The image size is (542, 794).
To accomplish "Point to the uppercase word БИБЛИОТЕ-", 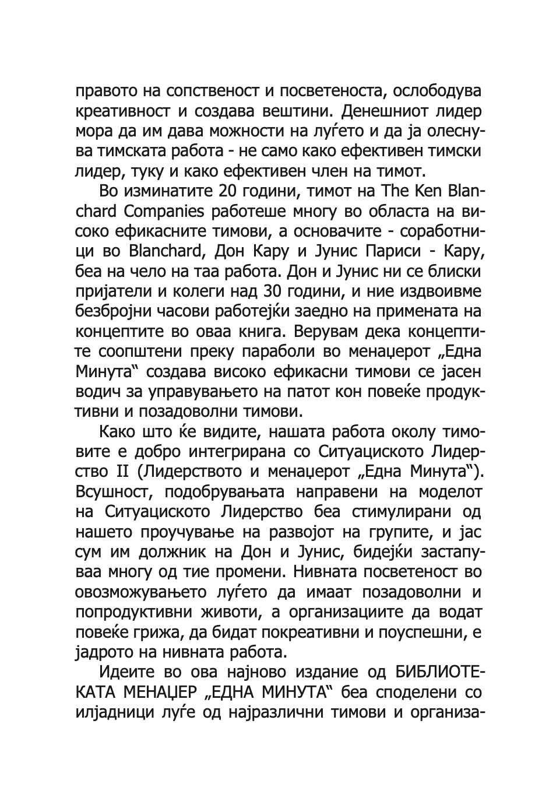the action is [441, 672].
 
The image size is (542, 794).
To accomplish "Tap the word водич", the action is [96, 392].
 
